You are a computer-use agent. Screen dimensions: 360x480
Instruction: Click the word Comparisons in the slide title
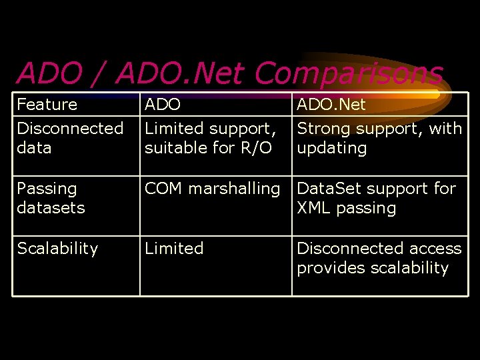[348, 73]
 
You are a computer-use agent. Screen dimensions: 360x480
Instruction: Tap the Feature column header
[47, 105]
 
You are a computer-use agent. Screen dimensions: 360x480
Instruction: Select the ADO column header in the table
[163, 105]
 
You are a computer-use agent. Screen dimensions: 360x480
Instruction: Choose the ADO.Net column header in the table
[331, 105]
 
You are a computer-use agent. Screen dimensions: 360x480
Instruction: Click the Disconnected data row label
[70, 138]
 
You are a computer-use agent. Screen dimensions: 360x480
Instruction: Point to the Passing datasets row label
[51, 198]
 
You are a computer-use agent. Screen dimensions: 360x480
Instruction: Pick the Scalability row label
[57, 249]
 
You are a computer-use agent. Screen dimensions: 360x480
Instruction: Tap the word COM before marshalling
[164, 189]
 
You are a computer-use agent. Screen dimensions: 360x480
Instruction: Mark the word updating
[331, 148]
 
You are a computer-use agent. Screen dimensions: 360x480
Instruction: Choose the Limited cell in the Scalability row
[174, 249]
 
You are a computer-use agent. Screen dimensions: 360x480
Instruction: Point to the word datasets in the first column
[51, 208]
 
